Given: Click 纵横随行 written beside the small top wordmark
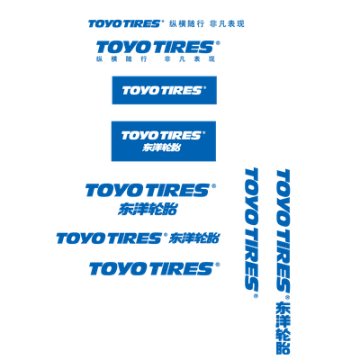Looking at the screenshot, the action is [187, 23].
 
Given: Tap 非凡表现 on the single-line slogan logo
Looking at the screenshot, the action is [227, 23].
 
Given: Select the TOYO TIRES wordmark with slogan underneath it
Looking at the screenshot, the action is [156, 48].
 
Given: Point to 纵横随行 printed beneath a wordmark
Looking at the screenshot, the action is [121, 59].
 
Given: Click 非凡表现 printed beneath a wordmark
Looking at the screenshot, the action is [190, 59].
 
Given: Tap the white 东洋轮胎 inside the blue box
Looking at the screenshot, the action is [162, 148].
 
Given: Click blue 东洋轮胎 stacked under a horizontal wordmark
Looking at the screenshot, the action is [148, 209].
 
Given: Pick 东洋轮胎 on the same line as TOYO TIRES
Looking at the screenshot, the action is [194, 238].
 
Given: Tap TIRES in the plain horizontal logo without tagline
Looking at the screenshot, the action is [182, 269].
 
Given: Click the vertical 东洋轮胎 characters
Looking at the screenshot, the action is [283, 328].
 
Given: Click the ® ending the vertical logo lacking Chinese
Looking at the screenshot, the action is [256, 296].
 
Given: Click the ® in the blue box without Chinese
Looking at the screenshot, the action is [205, 88].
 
